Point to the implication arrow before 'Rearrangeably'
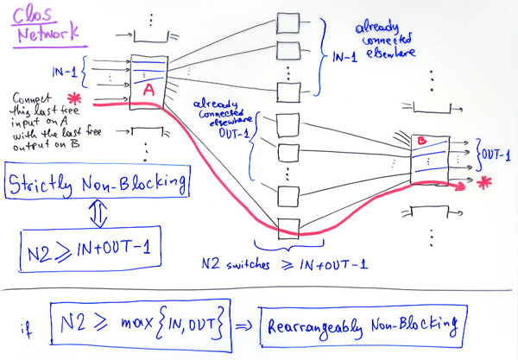tap(244, 325)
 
